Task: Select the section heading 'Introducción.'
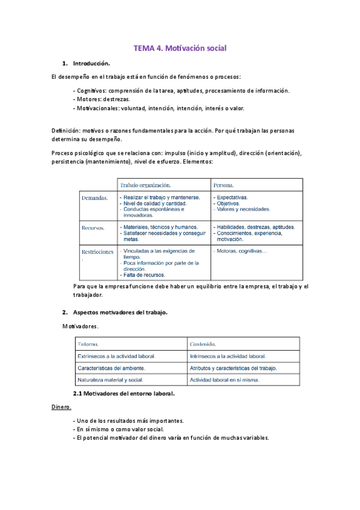(x=91, y=63)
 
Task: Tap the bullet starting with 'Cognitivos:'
(x=180, y=90)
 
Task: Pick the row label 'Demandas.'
(x=94, y=197)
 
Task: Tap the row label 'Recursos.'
(x=93, y=228)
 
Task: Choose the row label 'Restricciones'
(x=97, y=252)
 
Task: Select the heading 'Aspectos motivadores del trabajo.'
(x=120, y=313)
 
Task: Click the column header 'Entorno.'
(x=90, y=344)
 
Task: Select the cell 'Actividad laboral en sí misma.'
(x=224, y=380)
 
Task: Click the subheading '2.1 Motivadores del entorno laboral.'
(x=123, y=393)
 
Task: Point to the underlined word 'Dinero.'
(x=61, y=407)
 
